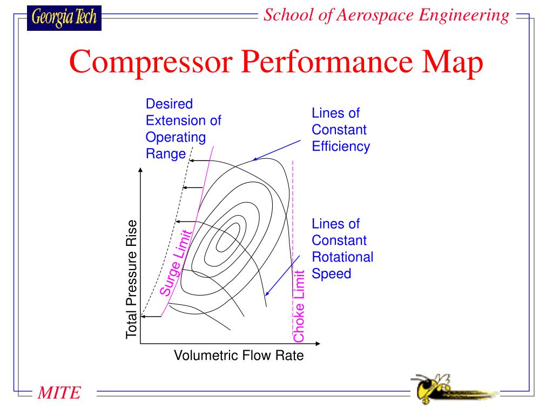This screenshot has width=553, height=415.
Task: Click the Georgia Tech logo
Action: [64, 18]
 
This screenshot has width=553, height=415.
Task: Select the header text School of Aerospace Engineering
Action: [386, 16]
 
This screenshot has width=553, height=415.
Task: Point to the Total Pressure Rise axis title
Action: [131, 279]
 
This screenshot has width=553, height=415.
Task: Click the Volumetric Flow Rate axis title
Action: [239, 356]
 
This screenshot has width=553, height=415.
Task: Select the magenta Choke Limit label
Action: [299, 305]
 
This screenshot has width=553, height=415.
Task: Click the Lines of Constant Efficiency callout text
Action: [340, 130]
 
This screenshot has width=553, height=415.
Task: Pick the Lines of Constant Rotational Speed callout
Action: [342, 249]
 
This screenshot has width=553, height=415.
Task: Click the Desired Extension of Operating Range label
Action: [183, 129]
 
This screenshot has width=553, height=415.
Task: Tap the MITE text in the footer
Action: [59, 393]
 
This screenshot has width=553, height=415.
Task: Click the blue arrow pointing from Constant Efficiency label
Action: [277, 150]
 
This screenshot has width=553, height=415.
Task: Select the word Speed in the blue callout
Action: [332, 273]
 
